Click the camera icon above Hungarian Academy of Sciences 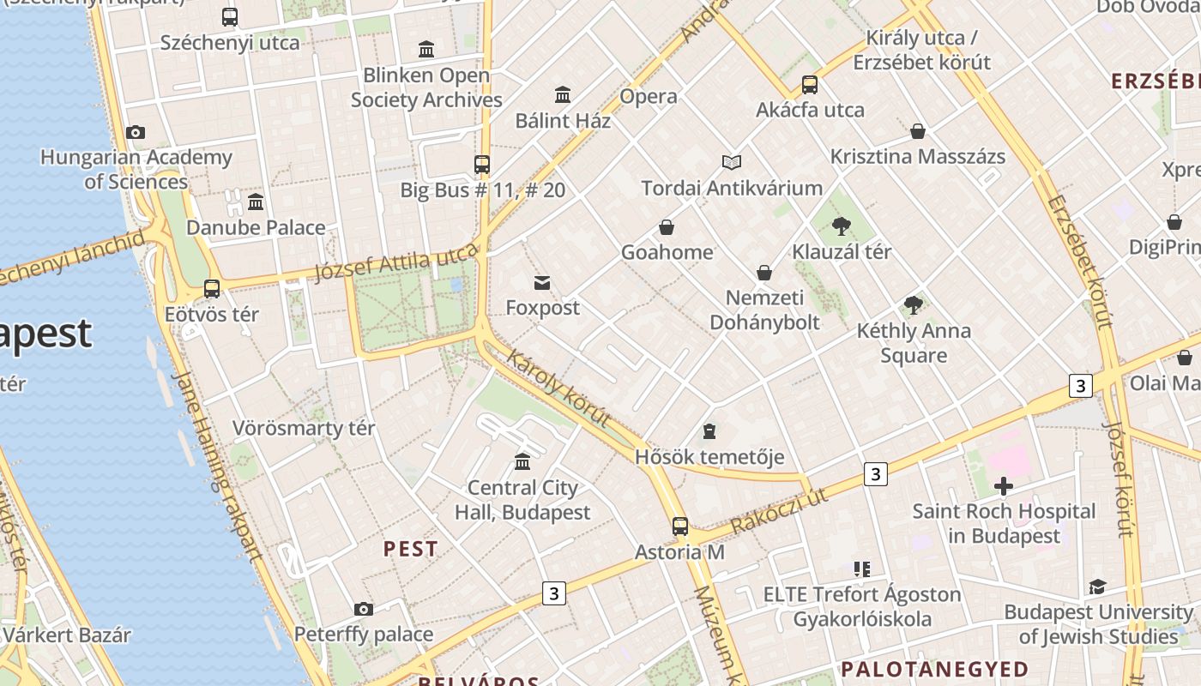(x=136, y=132)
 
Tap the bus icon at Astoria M (x=680, y=527)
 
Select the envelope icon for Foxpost (x=542, y=283)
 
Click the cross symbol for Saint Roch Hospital (x=1003, y=487)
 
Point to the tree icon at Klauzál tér (x=842, y=226)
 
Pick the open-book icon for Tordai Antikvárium (x=732, y=162)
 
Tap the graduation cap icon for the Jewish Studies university (x=1097, y=587)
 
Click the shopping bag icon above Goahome (x=667, y=227)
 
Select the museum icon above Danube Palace (x=256, y=202)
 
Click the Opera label (x=649, y=96)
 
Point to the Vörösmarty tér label (x=304, y=428)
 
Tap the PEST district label (x=410, y=549)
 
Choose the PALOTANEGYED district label (x=934, y=669)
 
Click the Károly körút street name (x=559, y=388)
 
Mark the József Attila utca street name (x=396, y=262)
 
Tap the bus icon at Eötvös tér (x=212, y=289)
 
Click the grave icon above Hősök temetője (x=709, y=430)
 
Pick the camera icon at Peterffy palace (x=364, y=610)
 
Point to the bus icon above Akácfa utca (x=810, y=85)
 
